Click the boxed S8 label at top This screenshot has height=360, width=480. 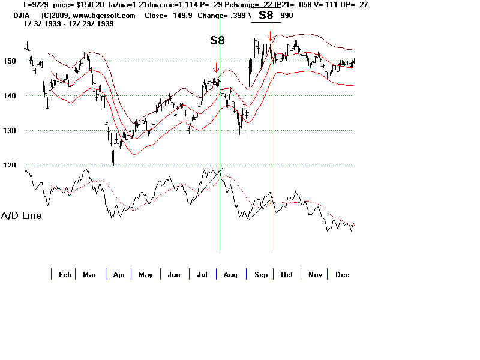pos(266,16)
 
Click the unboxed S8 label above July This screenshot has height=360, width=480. pos(218,41)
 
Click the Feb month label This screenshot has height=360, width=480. pos(65,275)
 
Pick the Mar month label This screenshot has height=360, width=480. pos(89,275)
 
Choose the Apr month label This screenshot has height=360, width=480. pos(119,275)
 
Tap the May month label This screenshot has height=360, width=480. pos(146,275)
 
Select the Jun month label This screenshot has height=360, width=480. pos(174,275)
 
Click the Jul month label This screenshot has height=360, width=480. pos(202,275)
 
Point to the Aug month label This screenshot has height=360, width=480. pos(230,275)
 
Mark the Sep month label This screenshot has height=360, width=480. pos(260,275)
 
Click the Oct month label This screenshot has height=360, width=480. pos(287,275)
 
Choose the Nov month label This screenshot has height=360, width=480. pos(315,275)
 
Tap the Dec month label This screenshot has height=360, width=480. pos(343,275)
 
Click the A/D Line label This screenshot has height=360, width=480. pos(22,215)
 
